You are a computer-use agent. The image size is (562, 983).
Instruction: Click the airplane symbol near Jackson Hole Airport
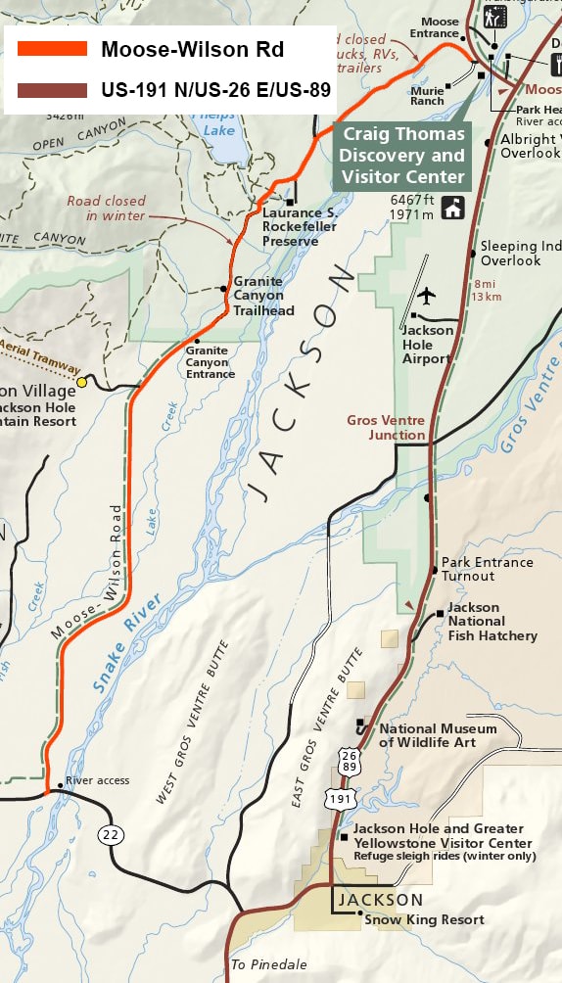tap(426, 295)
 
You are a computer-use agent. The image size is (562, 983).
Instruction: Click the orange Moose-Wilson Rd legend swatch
tap(52, 49)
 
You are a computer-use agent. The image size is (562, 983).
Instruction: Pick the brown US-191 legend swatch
tap(52, 90)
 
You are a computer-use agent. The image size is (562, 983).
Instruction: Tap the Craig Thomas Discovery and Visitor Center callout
tap(402, 156)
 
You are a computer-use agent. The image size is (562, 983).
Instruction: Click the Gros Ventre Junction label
tap(386, 427)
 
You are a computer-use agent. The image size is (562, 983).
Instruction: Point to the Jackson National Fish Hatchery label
tap(492, 622)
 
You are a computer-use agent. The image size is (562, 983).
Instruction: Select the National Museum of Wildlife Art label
tap(438, 735)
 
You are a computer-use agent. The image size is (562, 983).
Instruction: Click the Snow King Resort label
tap(424, 919)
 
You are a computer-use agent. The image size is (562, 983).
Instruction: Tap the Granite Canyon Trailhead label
tap(262, 297)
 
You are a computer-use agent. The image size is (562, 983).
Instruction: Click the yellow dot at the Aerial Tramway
tap(82, 382)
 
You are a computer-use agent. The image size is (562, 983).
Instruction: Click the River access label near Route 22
tap(97, 780)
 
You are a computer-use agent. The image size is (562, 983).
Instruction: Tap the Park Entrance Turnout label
tap(487, 569)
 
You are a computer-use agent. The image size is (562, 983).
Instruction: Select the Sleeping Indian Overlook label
tap(519, 254)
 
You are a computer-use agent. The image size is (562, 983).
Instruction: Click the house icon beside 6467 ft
tap(452, 208)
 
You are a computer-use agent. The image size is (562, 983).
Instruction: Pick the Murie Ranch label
tap(427, 95)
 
